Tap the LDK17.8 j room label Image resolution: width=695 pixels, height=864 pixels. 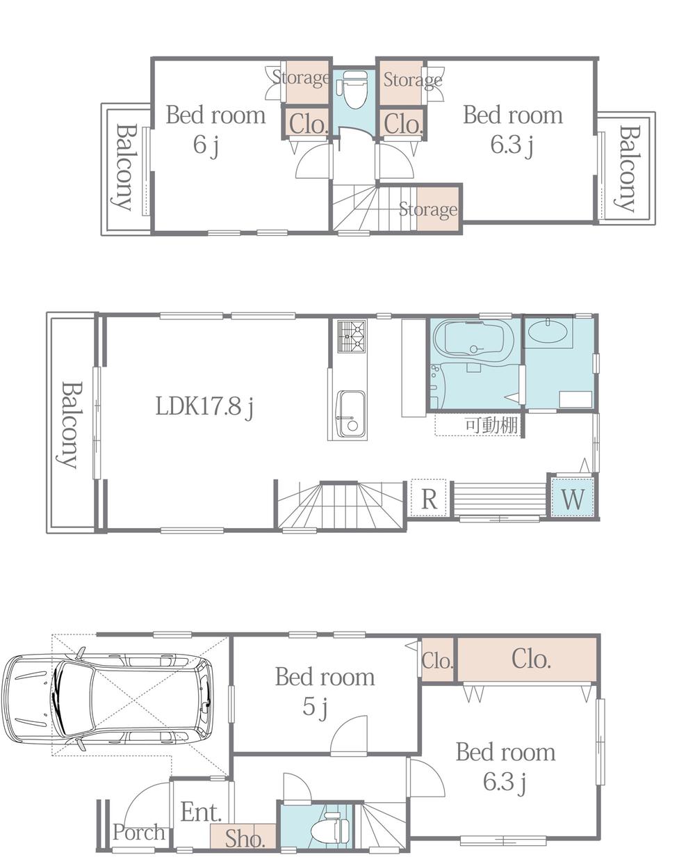[204, 406]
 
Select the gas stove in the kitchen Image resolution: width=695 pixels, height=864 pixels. [352, 336]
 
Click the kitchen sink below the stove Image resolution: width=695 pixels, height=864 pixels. [351, 414]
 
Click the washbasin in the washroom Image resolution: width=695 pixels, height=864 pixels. [548, 333]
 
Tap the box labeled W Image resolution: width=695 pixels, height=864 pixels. [573, 498]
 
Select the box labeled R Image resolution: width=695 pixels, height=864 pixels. [429, 499]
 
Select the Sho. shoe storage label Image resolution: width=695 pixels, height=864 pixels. [245, 838]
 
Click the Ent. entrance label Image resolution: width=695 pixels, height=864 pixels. [201, 811]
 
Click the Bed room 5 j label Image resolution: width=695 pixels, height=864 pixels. [325, 691]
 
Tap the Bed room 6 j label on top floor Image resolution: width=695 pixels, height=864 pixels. [215, 129]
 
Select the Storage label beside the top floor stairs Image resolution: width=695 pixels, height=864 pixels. [428, 209]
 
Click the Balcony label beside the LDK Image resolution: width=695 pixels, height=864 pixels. [69, 424]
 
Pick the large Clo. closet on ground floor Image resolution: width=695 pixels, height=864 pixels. [531, 659]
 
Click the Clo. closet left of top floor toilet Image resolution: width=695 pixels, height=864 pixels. [307, 125]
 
